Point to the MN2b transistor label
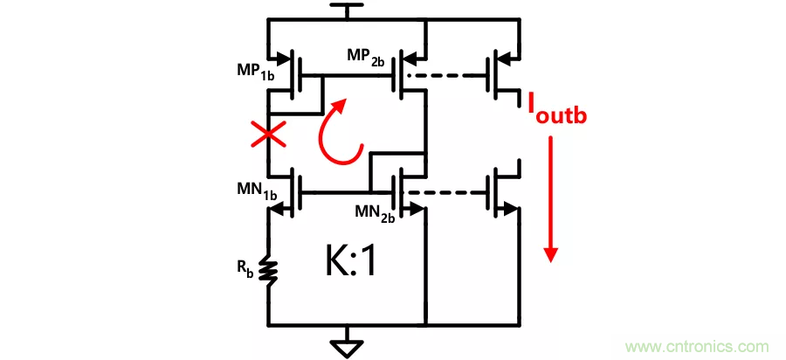(375, 212)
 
